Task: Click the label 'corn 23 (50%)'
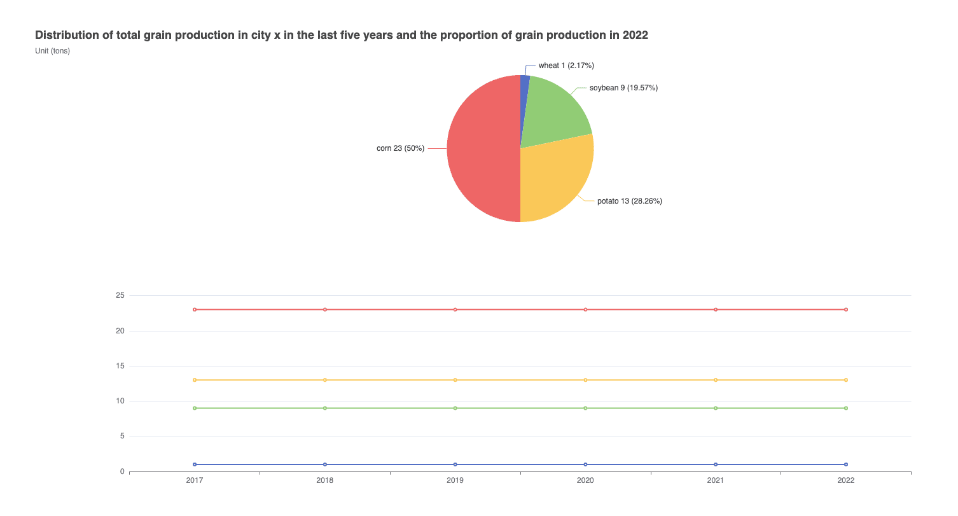pyautogui.click(x=400, y=148)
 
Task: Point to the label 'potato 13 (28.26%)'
pyautogui.click(x=629, y=201)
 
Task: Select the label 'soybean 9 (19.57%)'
pyautogui.click(x=623, y=88)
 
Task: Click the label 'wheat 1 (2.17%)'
pyautogui.click(x=566, y=66)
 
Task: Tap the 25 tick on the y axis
pyautogui.click(x=120, y=295)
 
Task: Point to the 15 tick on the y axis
pyautogui.click(x=120, y=366)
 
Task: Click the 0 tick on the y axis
pyautogui.click(x=121, y=471)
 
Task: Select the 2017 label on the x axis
pyautogui.click(x=195, y=481)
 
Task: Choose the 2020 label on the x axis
pyautogui.click(x=585, y=481)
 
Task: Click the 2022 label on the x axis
pyautogui.click(x=845, y=481)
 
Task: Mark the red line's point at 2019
pyautogui.click(x=455, y=309)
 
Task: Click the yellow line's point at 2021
pyautogui.click(x=716, y=380)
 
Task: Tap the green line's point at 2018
pyautogui.click(x=325, y=408)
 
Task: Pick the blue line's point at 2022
pyautogui.click(x=845, y=464)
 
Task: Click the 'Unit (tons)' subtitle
pyautogui.click(x=53, y=51)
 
